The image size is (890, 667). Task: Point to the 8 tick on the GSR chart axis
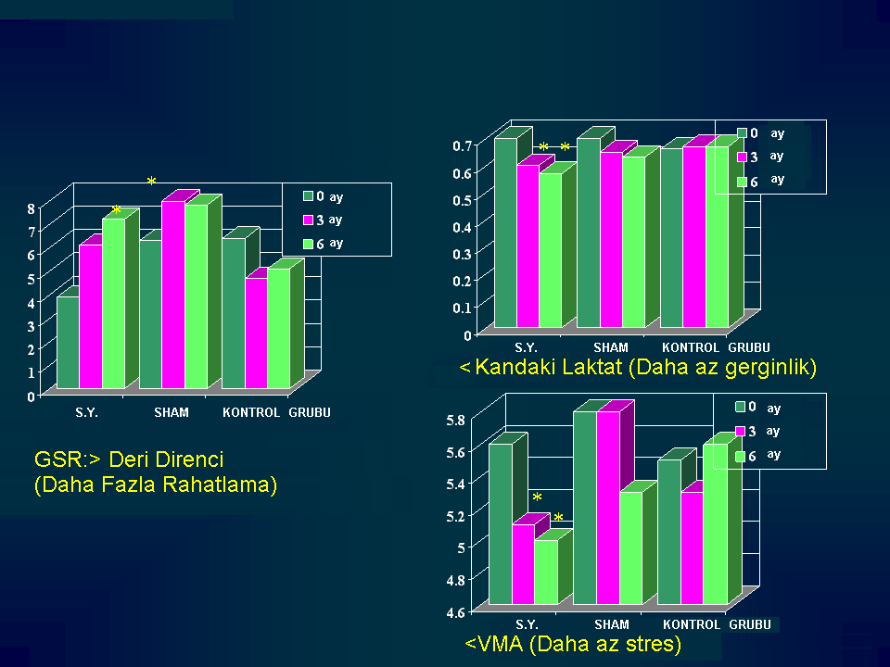(32, 208)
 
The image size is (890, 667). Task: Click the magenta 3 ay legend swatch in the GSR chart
(309, 220)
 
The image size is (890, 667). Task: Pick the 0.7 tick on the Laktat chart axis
(462, 145)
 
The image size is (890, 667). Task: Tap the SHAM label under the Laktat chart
(611, 347)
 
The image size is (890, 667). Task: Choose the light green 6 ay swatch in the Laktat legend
(742, 182)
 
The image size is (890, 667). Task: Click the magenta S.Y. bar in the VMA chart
(523, 564)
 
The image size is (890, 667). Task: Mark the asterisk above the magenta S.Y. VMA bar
(537, 498)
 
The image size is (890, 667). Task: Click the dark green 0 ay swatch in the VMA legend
(741, 407)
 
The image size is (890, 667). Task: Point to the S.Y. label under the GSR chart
(86, 412)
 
